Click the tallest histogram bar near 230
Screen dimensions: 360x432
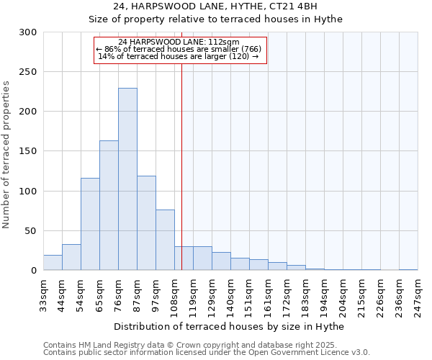click(127, 179)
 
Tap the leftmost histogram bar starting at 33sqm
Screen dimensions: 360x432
click(53, 263)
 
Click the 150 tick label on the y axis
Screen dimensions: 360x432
click(28, 151)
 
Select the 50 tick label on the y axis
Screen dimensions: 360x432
click(31, 231)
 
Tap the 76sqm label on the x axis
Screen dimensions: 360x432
click(119, 294)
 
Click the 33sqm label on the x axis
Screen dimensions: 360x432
click(43, 294)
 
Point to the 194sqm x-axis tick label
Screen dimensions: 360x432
click(324, 294)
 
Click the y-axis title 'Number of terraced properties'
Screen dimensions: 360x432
click(8, 155)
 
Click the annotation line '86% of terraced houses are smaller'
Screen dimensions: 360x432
click(180, 49)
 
